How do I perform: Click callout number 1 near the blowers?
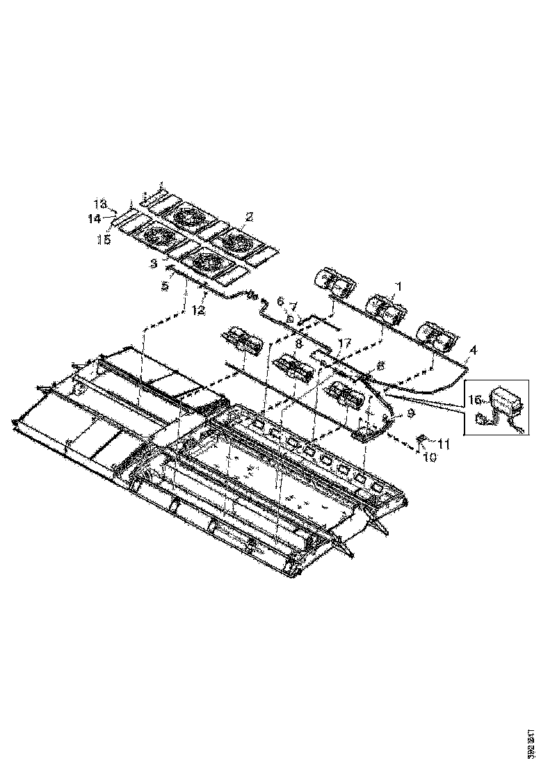(398, 286)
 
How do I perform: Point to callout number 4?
(473, 351)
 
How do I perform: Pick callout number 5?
(165, 286)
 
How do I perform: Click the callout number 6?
(280, 301)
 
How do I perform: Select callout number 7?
(293, 305)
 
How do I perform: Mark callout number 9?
(410, 413)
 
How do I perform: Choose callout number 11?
(444, 442)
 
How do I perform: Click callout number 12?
(199, 310)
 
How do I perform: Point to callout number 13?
(101, 204)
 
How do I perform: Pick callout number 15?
(104, 240)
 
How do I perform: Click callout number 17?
(345, 343)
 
